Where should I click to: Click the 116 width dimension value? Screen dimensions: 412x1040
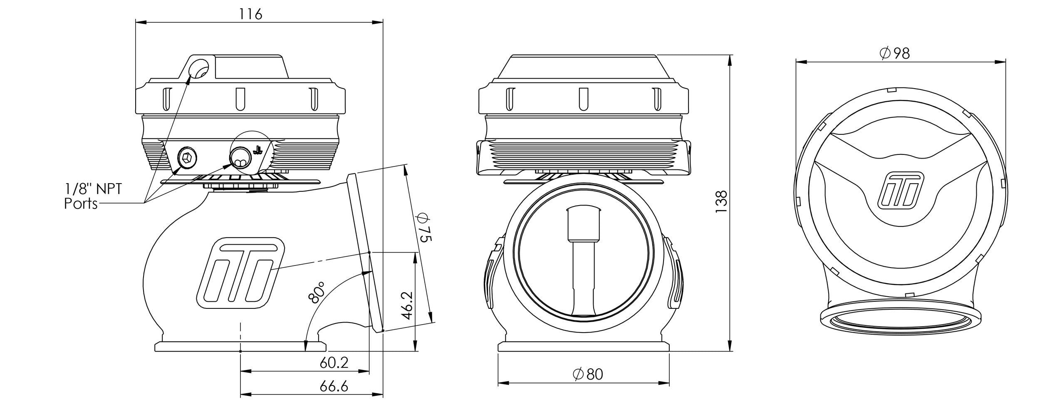click(251, 15)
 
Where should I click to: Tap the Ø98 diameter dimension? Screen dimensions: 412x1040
click(895, 53)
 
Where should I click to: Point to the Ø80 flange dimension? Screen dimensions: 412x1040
click(587, 374)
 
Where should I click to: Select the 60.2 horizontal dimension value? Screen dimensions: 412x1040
click(334, 362)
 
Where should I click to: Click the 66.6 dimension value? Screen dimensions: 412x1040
click(334, 387)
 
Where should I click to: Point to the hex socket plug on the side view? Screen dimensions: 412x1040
click(187, 158)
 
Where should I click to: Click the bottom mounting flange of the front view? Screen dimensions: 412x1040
click(584, 347)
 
